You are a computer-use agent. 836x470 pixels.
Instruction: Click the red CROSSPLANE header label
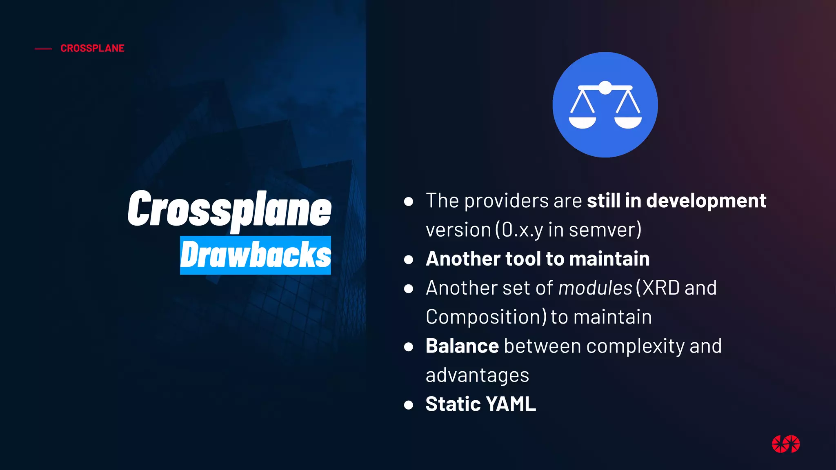pos(92,48)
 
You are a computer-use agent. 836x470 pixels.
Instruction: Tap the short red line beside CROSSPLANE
pos(43,49)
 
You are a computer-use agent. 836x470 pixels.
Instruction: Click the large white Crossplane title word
pos(229,209)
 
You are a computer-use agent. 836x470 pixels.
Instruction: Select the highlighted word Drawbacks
pos(256,255)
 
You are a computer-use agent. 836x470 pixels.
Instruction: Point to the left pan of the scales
pos(583,122)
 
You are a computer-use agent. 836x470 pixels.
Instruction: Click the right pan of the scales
pos(628,122)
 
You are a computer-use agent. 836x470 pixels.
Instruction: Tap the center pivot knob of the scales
pos(605,87)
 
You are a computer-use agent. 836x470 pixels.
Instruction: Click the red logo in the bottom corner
pos(786,444)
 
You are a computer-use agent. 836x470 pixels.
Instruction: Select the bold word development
pos(706,201)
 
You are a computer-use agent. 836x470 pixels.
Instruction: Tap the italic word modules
pos(595,288)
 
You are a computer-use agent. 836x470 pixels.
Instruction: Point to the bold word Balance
pos(462,346)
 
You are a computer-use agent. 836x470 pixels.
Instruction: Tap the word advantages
pos(477,375)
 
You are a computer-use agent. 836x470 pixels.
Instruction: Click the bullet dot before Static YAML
pos(408,405)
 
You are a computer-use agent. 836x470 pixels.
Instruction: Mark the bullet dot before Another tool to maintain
pos(408,259)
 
